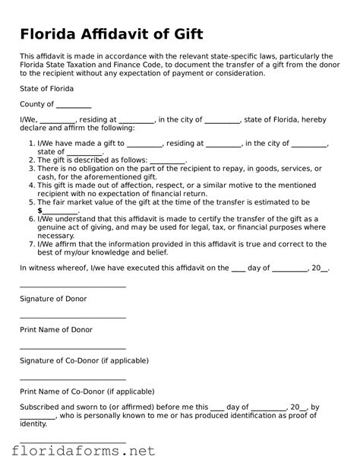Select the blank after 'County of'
click(x=74, y=106)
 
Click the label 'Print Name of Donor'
click(x=55, y=329)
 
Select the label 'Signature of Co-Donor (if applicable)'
click(x=84, y=360)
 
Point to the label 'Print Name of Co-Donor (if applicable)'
click(x=87, y=392)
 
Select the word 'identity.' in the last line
click(x=33, y=423)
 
